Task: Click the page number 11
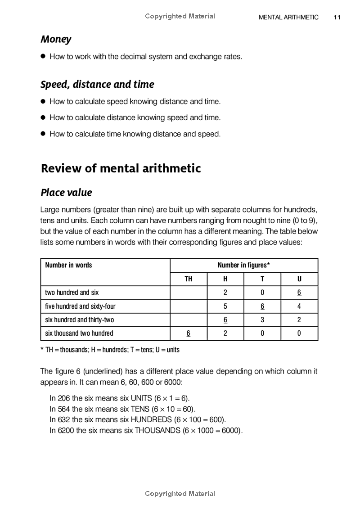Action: (337, 18)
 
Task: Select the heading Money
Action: (56, 39)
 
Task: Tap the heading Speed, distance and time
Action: (97, 84)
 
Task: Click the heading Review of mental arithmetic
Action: (121, 168)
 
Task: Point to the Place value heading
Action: (66, 193)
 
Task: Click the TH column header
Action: (189, 279)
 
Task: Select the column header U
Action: (299, 279)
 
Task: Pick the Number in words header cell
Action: (68, 265)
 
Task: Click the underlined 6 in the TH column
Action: (189, 333)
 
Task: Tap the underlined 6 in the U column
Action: (299, 293)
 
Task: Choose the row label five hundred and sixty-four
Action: (80, 306)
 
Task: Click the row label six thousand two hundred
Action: (79, 333)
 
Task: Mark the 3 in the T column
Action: (262, 320)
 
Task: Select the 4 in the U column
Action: (299, 306)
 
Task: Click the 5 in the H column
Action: (225, 306)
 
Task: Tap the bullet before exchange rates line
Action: (44, 56)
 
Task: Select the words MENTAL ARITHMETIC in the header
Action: (288, 18)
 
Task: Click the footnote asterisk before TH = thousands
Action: (42, 349)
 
